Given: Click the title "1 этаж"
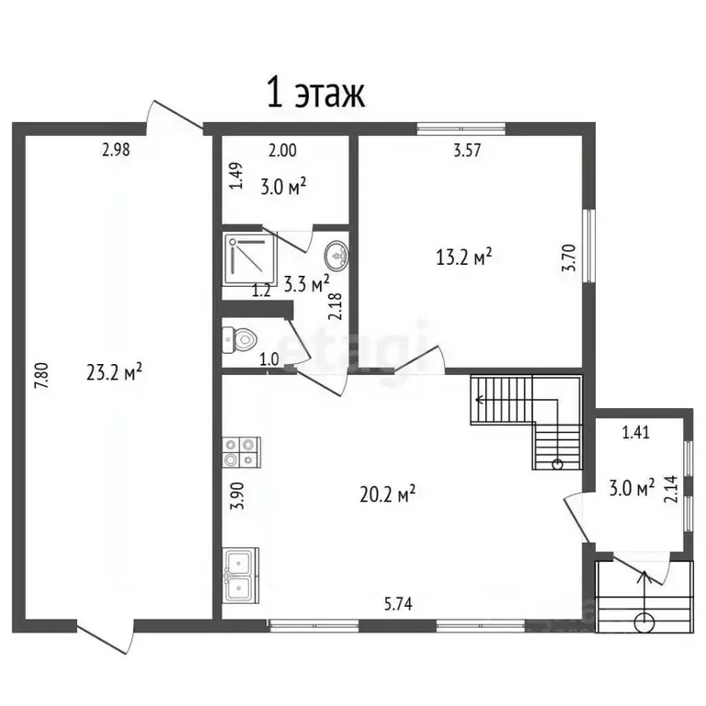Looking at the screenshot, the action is pos(315,92).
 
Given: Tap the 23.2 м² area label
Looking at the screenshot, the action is pos(114,372).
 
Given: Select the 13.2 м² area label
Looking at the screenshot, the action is pos(463,256).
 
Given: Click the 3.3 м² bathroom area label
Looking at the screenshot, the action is pos(307,284).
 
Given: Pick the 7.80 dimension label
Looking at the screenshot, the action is pos(41,376).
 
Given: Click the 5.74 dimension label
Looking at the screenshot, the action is pos(398,604).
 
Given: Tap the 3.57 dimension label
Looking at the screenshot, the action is pos(467,150).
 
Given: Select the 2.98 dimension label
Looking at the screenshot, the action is pos(116,150).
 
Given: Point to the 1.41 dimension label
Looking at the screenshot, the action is pos(636,432).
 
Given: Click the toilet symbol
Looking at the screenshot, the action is pos(239,339).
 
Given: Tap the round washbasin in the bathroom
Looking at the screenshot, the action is pos(336,256).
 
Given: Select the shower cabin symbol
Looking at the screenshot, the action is pos(249,259).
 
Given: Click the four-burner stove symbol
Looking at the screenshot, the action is pos(242,451).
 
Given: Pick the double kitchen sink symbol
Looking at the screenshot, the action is pos(241,575).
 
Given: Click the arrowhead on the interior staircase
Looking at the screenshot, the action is pos(480,399).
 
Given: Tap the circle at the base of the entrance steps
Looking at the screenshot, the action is pos(643,622).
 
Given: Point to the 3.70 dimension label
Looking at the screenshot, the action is pos(569,257).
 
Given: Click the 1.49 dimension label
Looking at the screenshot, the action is pos(236,176).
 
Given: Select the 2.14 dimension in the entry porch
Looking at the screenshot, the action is pos(670,489).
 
